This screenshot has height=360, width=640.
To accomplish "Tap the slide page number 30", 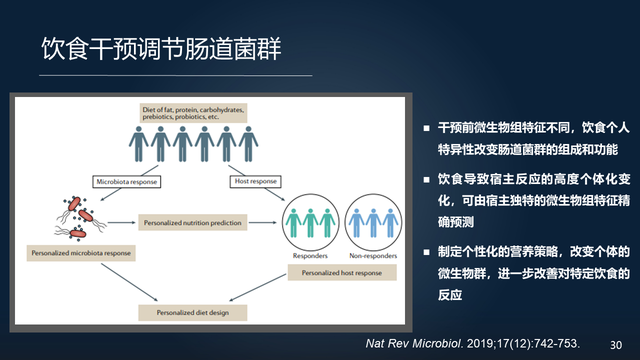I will pos(616,341).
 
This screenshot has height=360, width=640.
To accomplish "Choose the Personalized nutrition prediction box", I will pos(193,222).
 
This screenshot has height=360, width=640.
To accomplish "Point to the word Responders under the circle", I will pos(309,256).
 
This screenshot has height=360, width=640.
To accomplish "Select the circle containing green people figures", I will pos(309,220).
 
